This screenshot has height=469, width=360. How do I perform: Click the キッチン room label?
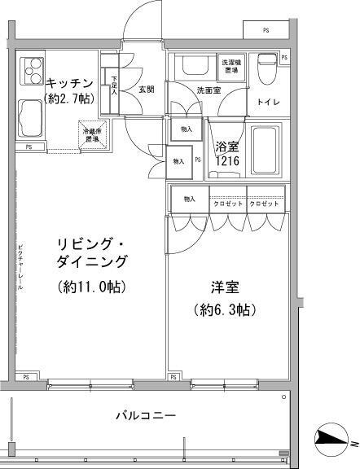click(x=69, y=82)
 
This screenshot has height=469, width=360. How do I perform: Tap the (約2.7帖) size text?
click(x=69, y=98)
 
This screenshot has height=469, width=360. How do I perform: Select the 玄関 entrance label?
click(x=146, y=89)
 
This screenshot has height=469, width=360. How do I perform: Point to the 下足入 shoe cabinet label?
click(x=113, y=85)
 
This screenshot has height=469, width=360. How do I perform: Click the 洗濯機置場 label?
click(x=230, y=67)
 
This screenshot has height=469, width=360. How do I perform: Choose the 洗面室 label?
click(x=209, y=90)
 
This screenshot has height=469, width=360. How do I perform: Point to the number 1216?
click(x=226, y=161)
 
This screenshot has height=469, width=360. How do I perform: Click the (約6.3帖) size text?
click(x=226, y=310)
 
